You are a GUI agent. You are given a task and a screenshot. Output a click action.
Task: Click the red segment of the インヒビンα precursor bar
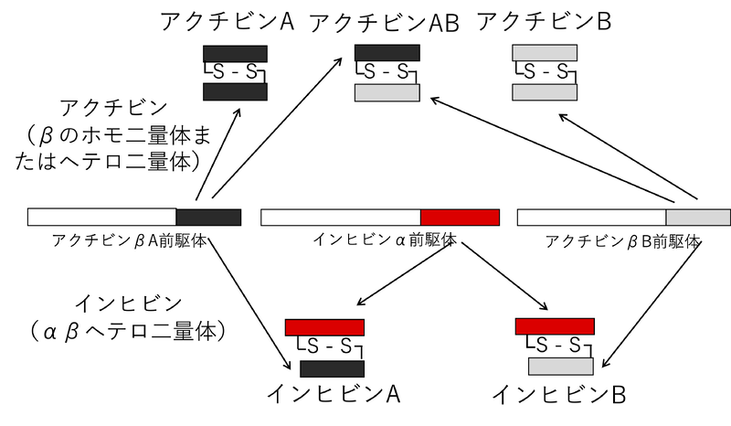click(461, 218)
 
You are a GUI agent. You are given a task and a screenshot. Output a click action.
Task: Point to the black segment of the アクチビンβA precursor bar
click(208, 218)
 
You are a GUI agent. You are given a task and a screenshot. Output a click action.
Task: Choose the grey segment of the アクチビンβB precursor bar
click(698, 218)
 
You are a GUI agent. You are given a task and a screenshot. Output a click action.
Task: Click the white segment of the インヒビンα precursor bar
click(341, 218)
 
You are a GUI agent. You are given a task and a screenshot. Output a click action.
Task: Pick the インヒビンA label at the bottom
click(334, 394)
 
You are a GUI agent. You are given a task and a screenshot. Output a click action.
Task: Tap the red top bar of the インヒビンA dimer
click(325, 326)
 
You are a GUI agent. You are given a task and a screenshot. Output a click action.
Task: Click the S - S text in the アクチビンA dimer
click(235, 72)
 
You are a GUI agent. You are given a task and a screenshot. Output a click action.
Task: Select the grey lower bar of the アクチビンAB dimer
click(387, 93)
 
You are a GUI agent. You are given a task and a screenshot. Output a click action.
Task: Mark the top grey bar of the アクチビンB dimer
click(545, 52)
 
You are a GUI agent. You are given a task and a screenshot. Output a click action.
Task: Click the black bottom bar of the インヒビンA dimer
click(333, 368)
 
